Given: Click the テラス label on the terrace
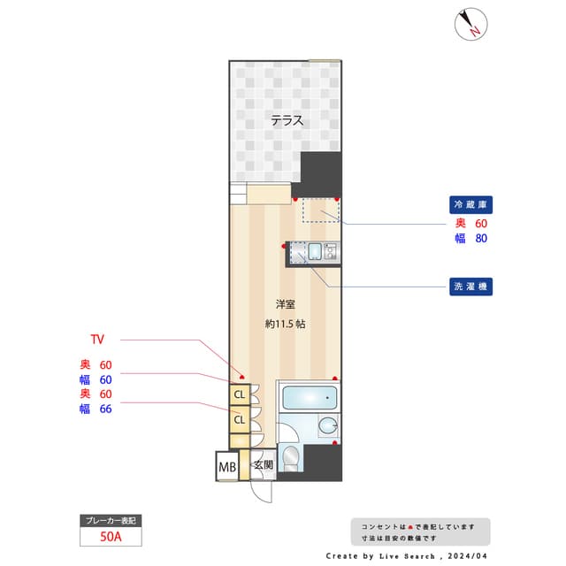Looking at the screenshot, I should click(287, 121).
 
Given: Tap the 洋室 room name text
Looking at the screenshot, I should click(285, 304).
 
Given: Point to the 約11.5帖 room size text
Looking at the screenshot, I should click(285, 324).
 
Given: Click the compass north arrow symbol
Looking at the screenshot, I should click(470, 24).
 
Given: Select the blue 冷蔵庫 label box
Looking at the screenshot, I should click(469, 204).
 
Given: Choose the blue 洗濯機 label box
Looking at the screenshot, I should click(469, 287).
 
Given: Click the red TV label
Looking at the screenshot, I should click(97, 340).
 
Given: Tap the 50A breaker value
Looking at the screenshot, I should click(111, 536).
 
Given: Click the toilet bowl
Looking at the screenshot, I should click(291, 457).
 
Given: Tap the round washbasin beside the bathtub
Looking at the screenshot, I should click(328, 426).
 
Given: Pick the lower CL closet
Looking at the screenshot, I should click(239, 420).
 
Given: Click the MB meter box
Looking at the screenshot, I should click(226, 466).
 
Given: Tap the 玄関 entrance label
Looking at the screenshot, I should click(263, 465).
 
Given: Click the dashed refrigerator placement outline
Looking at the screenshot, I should click(320, 210).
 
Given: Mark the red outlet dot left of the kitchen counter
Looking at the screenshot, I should click(284, 246).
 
